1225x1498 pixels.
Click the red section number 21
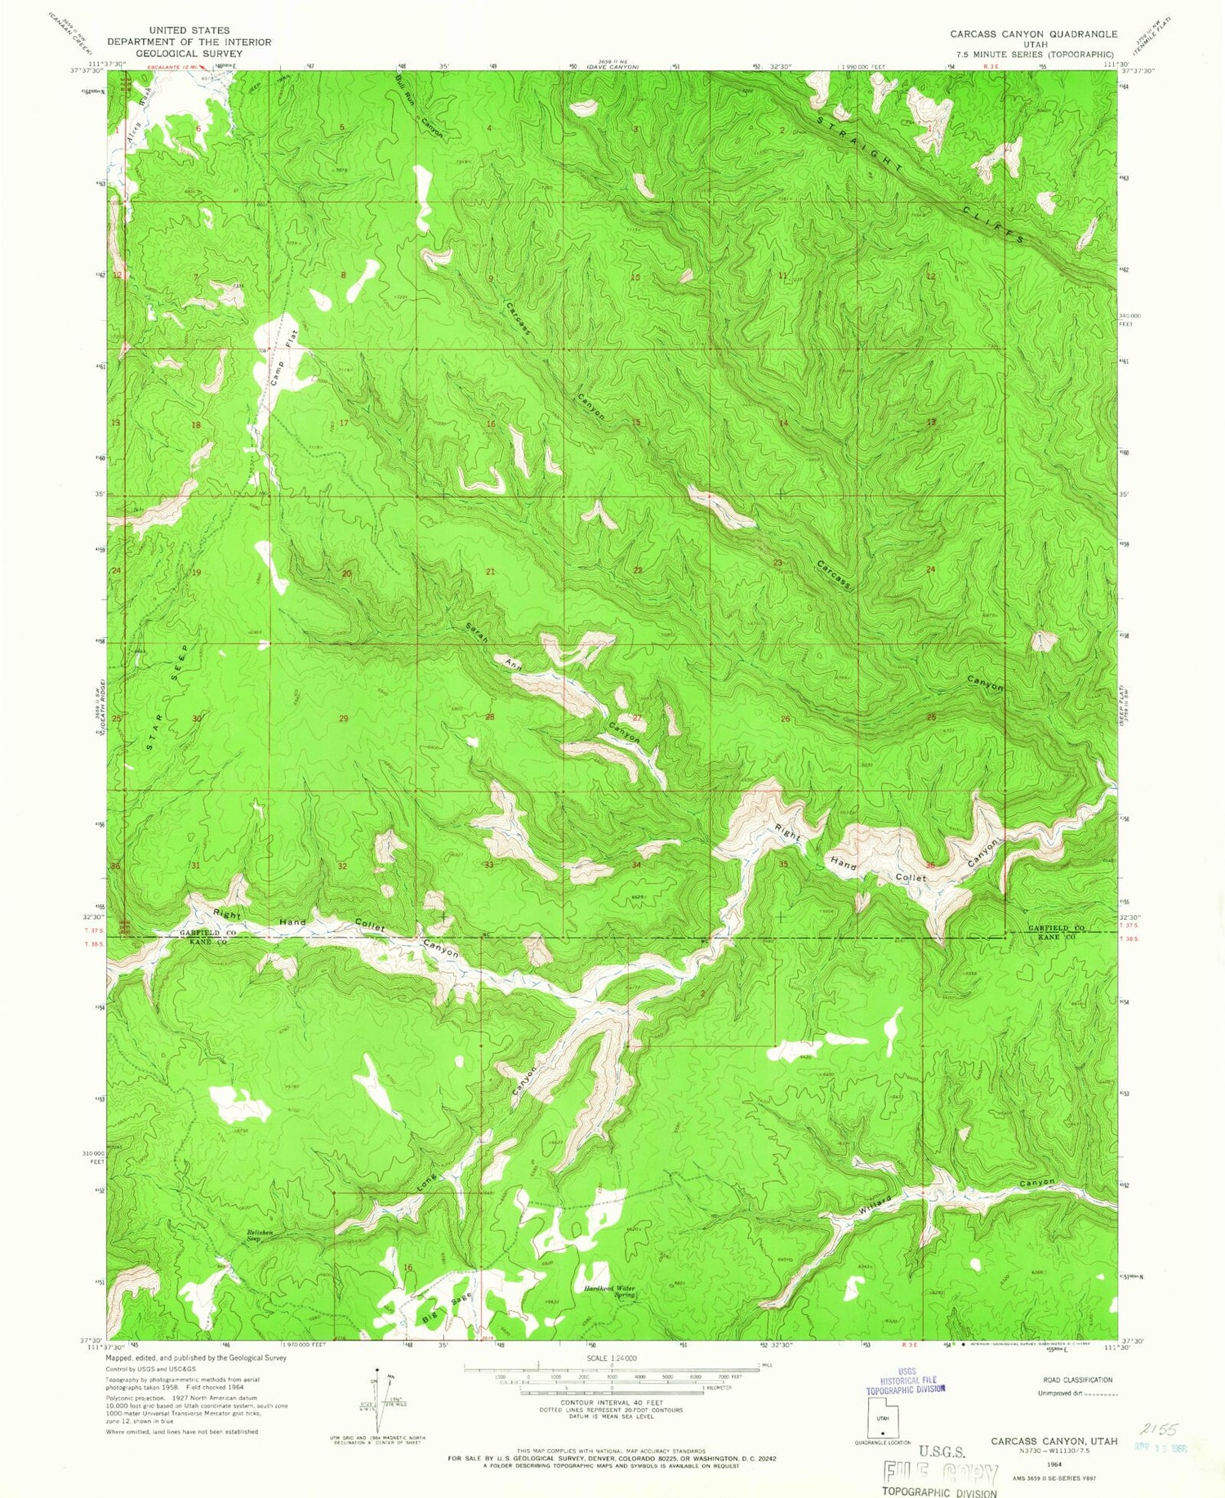(x=490, y=572)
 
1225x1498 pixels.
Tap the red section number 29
(x=343, y=719)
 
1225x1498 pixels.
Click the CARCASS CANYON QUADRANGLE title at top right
(x=1032, y=33)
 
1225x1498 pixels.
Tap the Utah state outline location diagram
(x=882, y=1416)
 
